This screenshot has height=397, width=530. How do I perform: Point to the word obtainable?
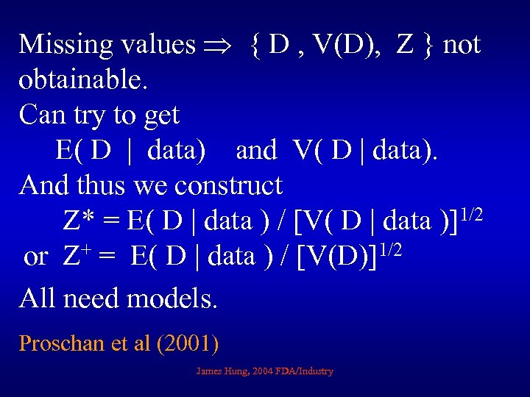point(84,81)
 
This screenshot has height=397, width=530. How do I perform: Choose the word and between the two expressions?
point(256,151)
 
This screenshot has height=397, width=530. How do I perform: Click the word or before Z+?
point(36,257)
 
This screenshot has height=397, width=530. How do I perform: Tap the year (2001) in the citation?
point(188,343)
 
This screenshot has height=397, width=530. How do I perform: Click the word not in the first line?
point(462,46)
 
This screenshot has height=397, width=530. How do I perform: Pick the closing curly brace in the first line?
point(429,46)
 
